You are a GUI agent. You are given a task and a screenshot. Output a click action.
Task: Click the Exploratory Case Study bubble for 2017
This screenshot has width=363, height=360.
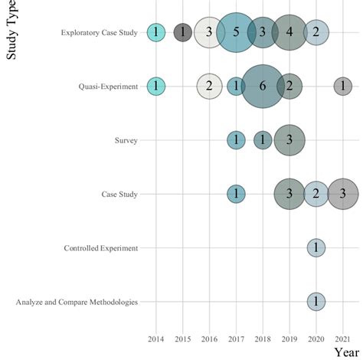coord(236,32)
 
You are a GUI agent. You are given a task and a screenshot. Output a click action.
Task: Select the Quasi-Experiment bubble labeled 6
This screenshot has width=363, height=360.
coord(263,87)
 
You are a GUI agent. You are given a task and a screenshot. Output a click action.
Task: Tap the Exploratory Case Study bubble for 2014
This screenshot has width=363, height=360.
coord(156,32)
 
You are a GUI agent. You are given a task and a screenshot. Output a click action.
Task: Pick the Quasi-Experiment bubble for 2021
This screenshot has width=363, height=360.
coord(343,87)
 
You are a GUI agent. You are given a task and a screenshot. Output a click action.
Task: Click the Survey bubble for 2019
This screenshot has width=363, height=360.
coord(289,140)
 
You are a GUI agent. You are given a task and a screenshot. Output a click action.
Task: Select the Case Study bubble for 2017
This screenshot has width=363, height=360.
coord(236,194)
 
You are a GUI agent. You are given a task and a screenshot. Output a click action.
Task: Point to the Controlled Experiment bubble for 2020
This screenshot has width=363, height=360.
coord(316,247)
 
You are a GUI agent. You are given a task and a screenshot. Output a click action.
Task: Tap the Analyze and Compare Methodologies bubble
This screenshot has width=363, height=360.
coord(316,301)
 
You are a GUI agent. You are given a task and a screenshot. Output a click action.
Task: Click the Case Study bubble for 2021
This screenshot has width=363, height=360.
coord(343,194)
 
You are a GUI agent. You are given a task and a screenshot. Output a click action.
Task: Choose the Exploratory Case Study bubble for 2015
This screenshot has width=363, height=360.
coord(182,32)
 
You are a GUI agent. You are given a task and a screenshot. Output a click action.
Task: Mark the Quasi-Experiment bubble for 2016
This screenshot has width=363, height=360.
coord(209,87)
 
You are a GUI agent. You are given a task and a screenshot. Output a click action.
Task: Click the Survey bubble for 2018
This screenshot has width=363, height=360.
coord(263,140)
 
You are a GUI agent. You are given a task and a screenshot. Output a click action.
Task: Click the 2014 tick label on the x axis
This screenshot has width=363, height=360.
coord(156,338)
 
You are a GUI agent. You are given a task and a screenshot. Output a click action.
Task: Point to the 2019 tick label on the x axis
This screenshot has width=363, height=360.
coord(289,338)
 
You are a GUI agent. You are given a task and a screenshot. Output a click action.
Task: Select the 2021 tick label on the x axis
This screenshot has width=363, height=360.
coord(343,338)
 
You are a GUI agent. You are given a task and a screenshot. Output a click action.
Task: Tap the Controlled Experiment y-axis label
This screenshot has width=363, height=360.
coord(101,248)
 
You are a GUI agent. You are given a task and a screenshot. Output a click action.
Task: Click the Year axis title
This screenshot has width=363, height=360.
coord(347,352)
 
